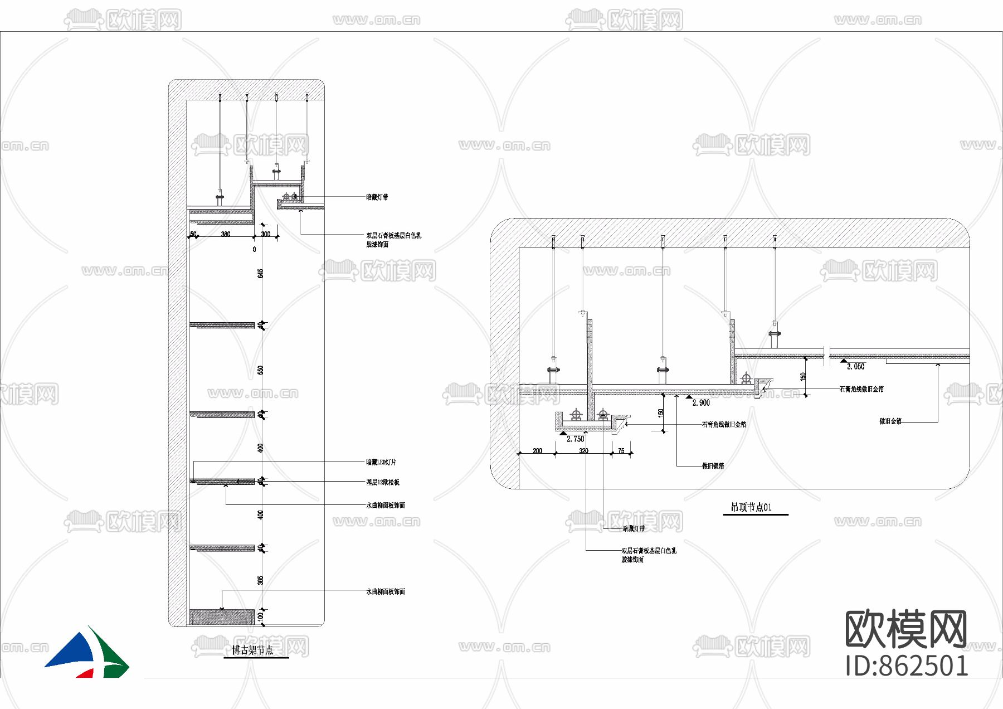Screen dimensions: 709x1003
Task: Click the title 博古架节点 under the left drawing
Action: click(252, 650)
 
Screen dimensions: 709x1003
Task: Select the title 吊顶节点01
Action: click(751, 507)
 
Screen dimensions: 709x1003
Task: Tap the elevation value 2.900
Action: click(701, 403)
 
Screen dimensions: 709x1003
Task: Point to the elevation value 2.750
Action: click(576, 439)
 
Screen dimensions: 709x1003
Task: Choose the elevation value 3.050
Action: click(856, 367)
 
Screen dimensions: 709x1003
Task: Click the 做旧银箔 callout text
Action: click(713, 466)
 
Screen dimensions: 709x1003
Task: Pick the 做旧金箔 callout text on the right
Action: click(890, 421)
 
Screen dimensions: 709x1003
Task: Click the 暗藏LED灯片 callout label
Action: click(381, 462)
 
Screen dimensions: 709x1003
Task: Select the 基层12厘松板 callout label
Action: click(382, 482)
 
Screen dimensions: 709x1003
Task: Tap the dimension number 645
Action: click(260, 273)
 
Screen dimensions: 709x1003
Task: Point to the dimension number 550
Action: click(260, 370)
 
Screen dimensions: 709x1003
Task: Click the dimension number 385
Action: click(260, 580)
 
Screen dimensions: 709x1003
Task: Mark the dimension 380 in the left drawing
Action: click(226, 234)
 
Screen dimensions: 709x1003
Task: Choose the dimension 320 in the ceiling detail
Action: click(583, 451)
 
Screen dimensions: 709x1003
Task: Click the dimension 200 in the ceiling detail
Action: click(537, 451)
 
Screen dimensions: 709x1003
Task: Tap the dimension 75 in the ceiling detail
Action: click(621, 451)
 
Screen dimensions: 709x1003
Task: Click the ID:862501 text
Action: click(907, 666)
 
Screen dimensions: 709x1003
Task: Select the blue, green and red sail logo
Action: click(87, 654)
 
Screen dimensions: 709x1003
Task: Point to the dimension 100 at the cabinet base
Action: click(260, 616)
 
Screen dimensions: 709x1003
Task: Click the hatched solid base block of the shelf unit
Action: click(222, 617)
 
